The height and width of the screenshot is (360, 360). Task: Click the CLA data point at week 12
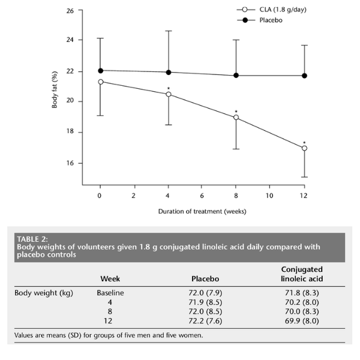304,148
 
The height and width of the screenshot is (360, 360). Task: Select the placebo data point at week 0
100,70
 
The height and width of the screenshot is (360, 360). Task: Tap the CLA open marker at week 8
236,118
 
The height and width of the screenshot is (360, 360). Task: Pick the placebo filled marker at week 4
169,72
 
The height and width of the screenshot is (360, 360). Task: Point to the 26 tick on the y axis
71,11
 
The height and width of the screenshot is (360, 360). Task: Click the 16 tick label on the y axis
71,163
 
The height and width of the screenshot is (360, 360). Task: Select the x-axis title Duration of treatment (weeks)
202,211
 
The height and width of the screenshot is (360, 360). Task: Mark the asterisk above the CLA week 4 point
169,86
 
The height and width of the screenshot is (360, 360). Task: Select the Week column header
109,279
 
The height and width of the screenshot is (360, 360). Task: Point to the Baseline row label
109,294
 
